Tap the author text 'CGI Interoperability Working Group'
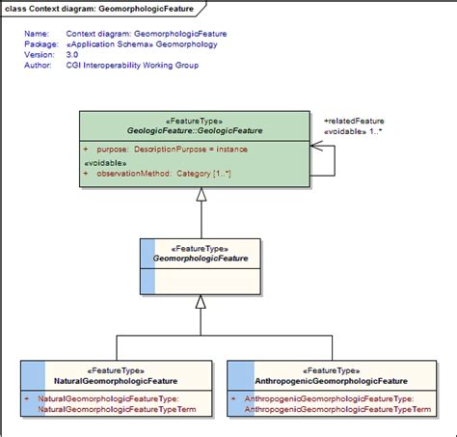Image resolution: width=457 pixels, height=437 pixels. pos(129,65)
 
